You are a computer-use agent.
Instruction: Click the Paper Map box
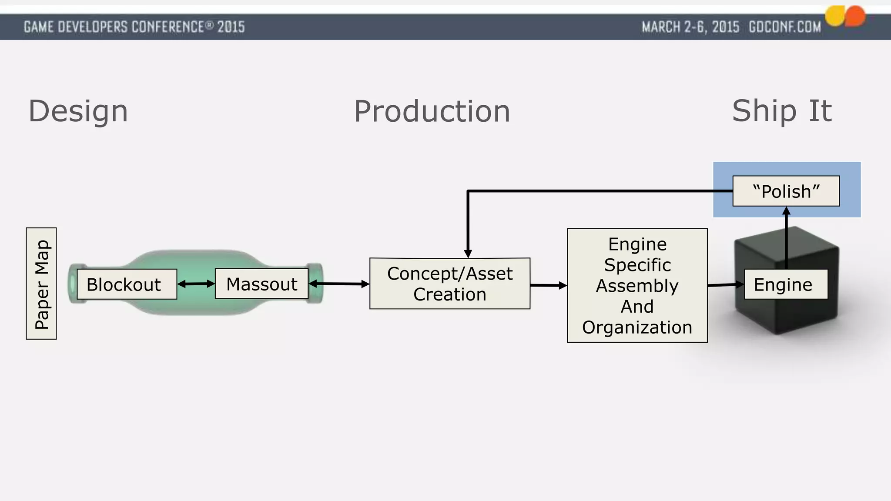tap(41, 284)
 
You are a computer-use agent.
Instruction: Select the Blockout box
tap(127, 284)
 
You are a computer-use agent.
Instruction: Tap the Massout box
tap(261, 284)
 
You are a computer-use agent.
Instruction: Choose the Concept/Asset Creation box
tap(450, 284)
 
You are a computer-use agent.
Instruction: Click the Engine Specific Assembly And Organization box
tap(637, 286)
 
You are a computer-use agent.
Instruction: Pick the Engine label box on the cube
tap(785, 284)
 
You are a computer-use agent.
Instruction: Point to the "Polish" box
tap(786, 191)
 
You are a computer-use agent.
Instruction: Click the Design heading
tap(78, 111)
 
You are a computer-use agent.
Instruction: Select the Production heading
tap(432, 111)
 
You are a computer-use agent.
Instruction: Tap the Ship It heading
tap(782, 111)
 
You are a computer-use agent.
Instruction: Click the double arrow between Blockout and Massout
tap(196, 284)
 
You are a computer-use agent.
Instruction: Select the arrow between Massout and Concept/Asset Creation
tap(339, 284)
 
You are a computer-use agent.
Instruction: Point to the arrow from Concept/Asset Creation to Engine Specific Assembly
tap(549, 285)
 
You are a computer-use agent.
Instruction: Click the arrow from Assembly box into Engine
tap(726, 285)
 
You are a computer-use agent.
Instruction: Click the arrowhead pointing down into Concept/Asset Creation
tap(468, 254)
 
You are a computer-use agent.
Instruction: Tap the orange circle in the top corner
tap(855, 16)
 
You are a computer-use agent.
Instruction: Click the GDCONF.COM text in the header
tap(784, 27)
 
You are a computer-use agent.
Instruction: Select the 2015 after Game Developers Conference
tap(231, 27)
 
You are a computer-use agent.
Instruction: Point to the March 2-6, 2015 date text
tap(690, 27)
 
